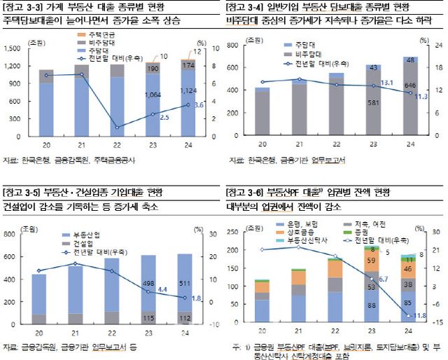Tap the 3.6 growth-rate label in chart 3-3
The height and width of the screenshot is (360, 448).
[199, 105]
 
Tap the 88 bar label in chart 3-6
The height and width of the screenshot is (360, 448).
[372, 305]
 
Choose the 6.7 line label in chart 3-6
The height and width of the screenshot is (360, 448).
[383, 279]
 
